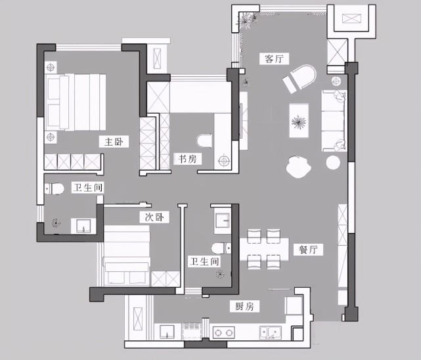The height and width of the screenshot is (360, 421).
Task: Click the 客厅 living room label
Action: click(274, 59)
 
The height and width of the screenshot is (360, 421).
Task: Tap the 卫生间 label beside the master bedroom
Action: click(88, 188)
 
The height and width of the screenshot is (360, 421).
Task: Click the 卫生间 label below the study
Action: click(204, 261)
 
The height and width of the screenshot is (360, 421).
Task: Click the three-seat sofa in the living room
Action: click(333, 120)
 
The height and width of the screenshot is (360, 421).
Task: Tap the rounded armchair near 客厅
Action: click(300, 79)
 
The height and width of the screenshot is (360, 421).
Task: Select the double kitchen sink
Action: click(270, 332)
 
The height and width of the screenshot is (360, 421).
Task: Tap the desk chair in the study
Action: click(204, 141)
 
